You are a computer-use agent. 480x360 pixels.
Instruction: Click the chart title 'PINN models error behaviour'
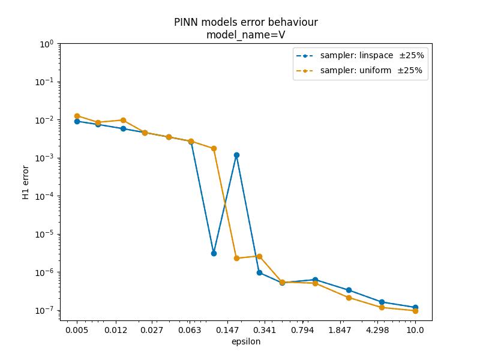point(246,22)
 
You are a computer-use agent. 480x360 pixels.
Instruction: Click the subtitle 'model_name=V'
point(246,35)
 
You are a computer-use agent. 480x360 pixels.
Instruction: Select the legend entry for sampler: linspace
point(360,55)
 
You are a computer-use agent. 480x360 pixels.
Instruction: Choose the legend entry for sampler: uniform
point(359,70)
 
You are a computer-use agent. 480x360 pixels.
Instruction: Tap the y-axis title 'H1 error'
point(25,182)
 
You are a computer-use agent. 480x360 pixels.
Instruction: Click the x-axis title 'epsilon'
point(246,341)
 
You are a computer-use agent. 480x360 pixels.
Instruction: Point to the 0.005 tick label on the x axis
point(77,331)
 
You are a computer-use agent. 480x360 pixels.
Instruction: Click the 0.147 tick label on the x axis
point(227,331)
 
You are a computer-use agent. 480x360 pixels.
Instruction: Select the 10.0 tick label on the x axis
point(415,331)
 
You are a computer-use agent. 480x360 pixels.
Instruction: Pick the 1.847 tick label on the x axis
point(340,331)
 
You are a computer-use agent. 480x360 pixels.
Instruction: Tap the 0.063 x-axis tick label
point(190,331)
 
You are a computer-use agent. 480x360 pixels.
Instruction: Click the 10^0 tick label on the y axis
point(47,44)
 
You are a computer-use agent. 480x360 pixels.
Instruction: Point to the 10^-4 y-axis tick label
point(44,196)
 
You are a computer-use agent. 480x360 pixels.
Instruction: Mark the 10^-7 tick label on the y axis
point(44,310)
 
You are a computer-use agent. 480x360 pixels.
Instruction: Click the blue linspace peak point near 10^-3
point(236,155)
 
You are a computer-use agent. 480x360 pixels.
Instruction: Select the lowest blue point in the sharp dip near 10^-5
point(214,253)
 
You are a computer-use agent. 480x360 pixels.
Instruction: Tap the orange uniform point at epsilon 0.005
point(77,116)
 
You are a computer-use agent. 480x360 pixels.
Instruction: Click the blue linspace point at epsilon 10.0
point(415,307)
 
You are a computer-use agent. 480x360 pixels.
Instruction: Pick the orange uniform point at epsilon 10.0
point(415,311)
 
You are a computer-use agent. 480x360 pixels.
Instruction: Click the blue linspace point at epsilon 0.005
point(77,122)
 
